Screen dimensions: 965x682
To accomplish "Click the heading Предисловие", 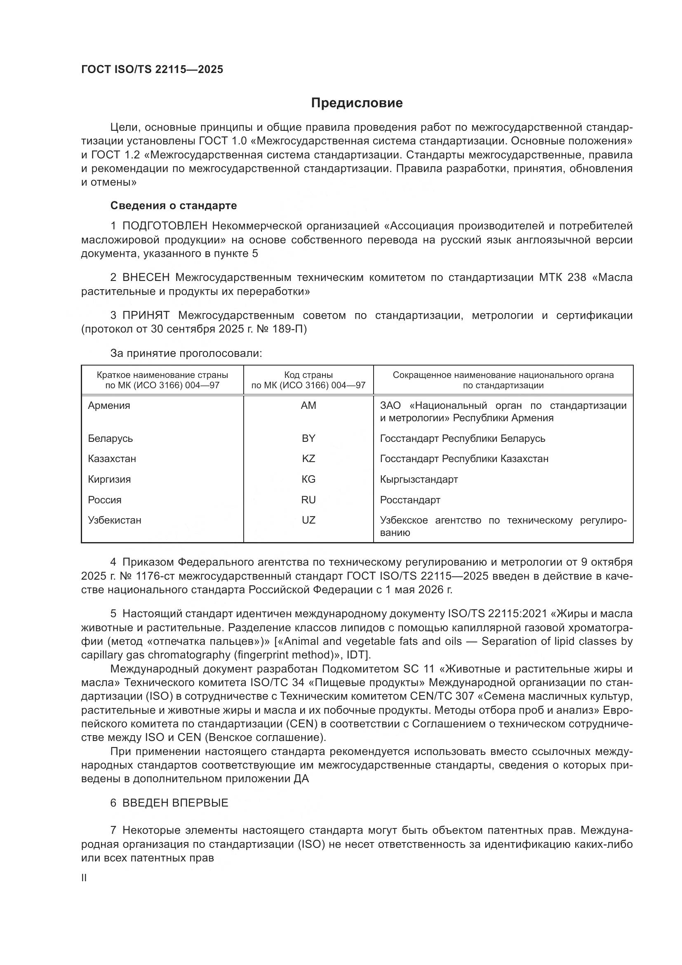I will point(357,103).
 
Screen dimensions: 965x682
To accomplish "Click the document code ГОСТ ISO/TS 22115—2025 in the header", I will point(152,69).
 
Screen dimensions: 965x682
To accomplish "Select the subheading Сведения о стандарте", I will point(174,205).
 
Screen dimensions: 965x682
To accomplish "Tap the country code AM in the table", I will point(308,406).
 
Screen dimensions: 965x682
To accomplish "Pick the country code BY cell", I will point(308,439).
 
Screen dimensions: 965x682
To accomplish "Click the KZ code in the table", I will point(308,458).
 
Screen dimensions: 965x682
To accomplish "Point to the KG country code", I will point(308,479).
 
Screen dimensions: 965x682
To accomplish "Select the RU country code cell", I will point(308,500).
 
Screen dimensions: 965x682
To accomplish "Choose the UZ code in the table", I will point(308,520).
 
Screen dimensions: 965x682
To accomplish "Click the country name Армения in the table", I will point(109,406).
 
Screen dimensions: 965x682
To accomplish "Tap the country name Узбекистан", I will point(114,520).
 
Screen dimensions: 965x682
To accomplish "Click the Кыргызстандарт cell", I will point(419,479).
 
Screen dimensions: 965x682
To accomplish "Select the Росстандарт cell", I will point(410,500).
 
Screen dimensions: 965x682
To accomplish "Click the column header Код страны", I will point(308,375).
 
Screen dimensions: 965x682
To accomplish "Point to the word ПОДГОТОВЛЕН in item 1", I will point(165,226).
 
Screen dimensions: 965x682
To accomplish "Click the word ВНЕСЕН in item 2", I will point(146,277).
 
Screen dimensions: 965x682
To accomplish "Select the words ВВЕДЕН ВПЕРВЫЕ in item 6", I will point(175,803).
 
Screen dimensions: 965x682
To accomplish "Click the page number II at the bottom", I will point(84,878).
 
